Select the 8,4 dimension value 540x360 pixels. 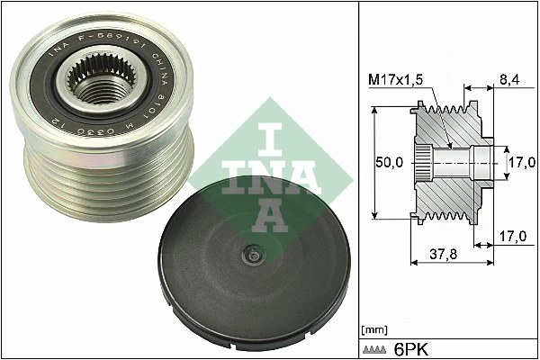coord(508,79)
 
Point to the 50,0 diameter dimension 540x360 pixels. coord(390,162)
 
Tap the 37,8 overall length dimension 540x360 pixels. coord(441,255)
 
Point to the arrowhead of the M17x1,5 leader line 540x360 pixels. coord(448,144)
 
